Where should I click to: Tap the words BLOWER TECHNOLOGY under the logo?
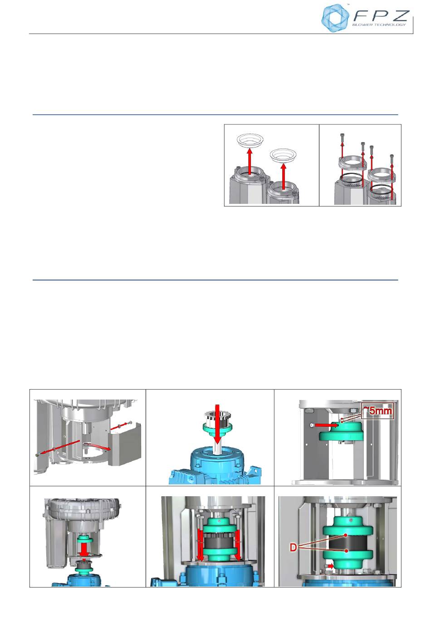[x=379, y=25]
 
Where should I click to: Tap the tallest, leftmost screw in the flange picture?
[x=342, y=138]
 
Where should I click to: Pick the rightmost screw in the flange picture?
[x=392, y=159]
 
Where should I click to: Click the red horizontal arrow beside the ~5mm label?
[x=327, y=425]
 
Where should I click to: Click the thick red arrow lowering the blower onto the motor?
[x=84, y=550]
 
